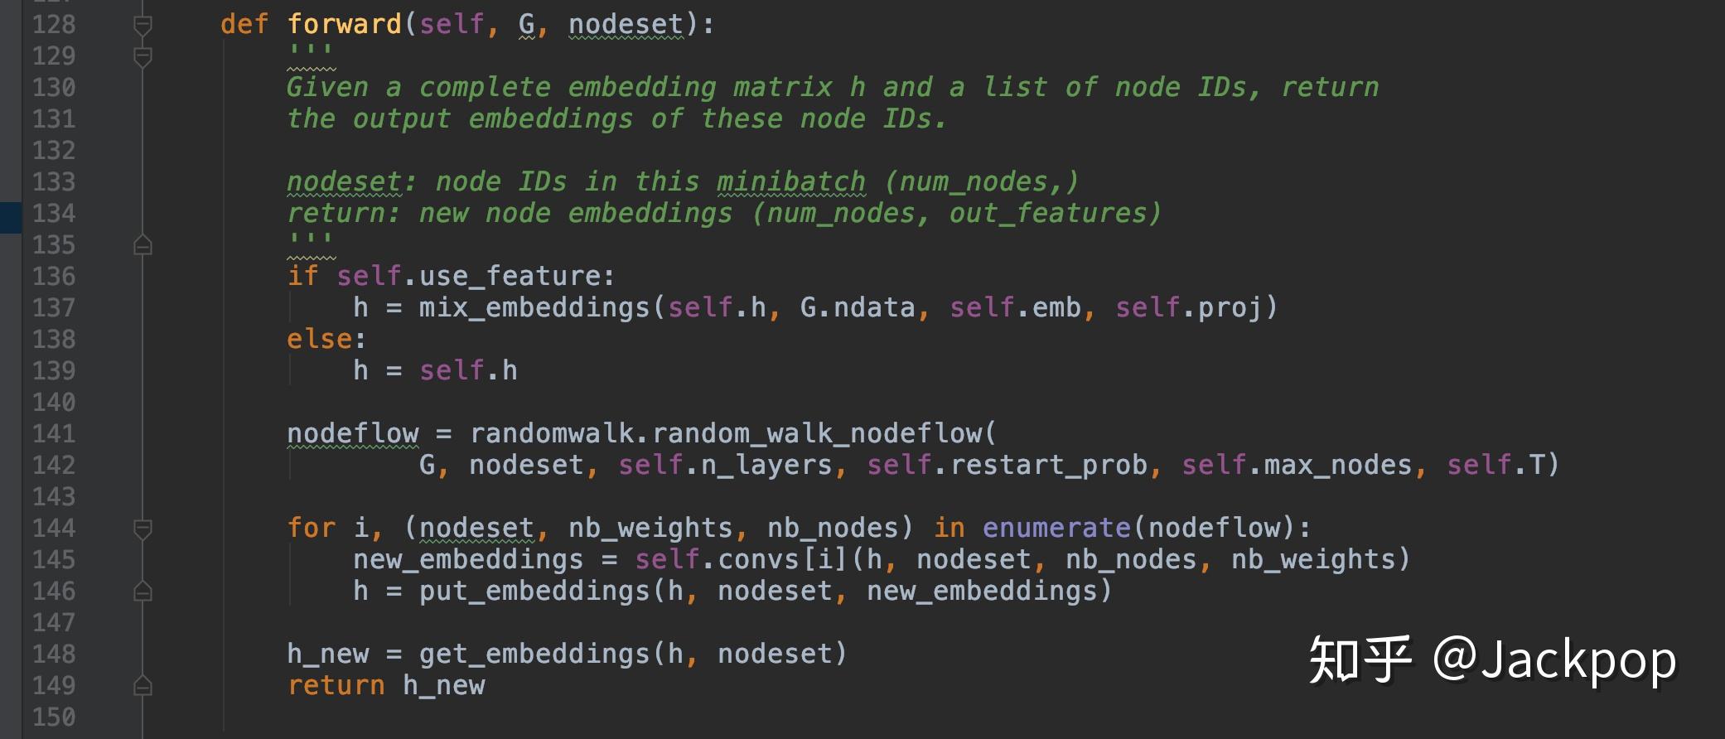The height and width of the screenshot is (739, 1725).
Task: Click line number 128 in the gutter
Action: pos(54,24)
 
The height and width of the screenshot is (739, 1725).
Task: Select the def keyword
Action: pos(244,24)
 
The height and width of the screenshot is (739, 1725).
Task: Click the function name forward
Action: pos(344,24)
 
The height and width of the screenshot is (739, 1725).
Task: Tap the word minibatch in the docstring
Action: pos(791,181)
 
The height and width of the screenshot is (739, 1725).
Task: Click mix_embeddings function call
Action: pos(534,307)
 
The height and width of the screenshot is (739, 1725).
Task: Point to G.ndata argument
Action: pos(858,307)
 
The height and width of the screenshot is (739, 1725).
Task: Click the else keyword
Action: pos(319,339)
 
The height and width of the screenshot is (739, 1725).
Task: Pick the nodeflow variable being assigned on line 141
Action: pos(352,433)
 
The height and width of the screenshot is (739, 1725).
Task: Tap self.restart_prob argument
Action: pos(1007,465)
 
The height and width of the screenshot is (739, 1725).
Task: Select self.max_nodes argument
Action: pos(1297,465)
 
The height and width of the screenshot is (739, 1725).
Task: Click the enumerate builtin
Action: pos(1056,528)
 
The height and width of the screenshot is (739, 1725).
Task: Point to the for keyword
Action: pos(311,528)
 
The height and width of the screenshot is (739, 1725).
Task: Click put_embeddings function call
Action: pos(534,591)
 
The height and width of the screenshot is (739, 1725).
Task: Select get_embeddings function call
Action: pos(534,654)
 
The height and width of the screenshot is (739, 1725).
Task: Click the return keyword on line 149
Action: pos(336,685)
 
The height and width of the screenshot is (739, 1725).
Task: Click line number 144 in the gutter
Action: pos(54,528)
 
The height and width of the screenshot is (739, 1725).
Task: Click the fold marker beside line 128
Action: pos(143,26)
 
